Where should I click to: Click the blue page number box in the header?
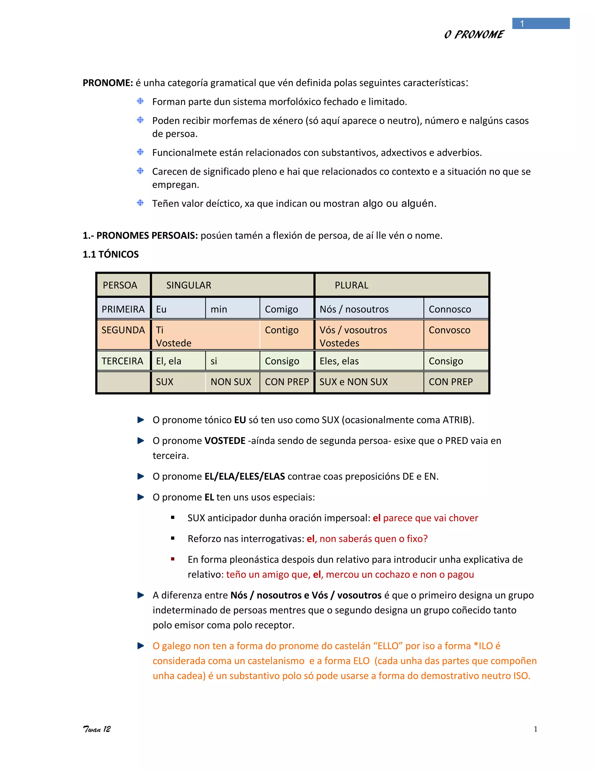(540, 24)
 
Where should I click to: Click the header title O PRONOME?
(474, 35)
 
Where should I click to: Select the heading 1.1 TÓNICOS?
(111, 254)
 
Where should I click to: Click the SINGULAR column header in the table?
(189, 285)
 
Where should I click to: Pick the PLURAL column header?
(352, 285)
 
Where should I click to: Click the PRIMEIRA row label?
(123, 309)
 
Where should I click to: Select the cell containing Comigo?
(281, 309)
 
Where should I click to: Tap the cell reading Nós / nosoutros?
(354, 309)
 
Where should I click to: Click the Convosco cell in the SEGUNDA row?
(449, 330)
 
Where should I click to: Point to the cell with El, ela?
(169, 361)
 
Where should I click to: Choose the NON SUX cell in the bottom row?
(231, 382)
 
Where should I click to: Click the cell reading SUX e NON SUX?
(354, 382)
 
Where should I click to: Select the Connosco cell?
(450, 309)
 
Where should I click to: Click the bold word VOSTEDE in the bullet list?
(225, 441)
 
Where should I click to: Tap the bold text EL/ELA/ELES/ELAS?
(245, 476)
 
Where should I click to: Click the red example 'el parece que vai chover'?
(425, 518)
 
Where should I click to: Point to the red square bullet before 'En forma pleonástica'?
(173, 559)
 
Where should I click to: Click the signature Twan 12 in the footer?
(96, 729)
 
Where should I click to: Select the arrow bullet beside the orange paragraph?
(141, 646)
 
